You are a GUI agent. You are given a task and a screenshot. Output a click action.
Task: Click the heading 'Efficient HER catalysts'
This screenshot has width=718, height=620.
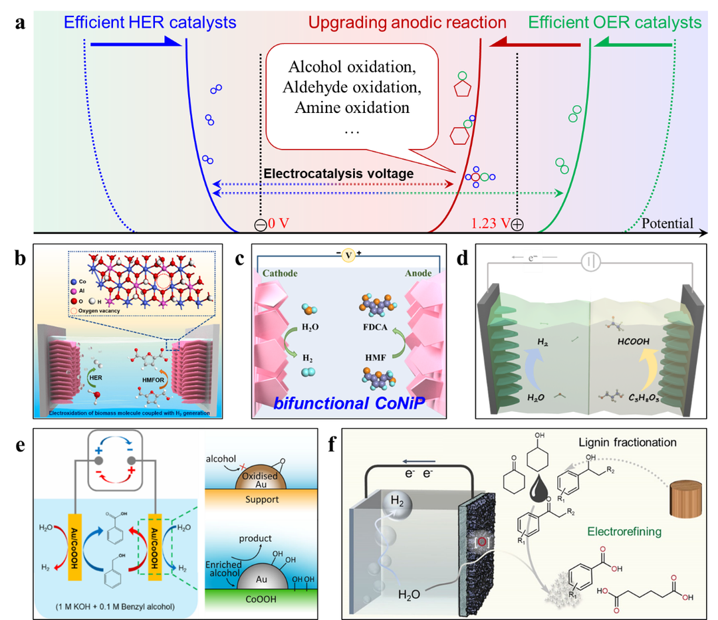(150, 23)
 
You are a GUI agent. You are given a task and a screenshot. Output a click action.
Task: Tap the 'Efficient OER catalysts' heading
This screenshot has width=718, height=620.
(615, 23)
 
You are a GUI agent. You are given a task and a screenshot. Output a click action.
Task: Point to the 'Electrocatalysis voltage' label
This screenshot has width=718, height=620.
(338, 174)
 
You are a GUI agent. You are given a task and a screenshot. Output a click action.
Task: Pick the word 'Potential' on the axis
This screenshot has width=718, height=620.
(667, 224)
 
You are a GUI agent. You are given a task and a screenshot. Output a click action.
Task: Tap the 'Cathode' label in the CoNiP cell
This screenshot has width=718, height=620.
(281, 273)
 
